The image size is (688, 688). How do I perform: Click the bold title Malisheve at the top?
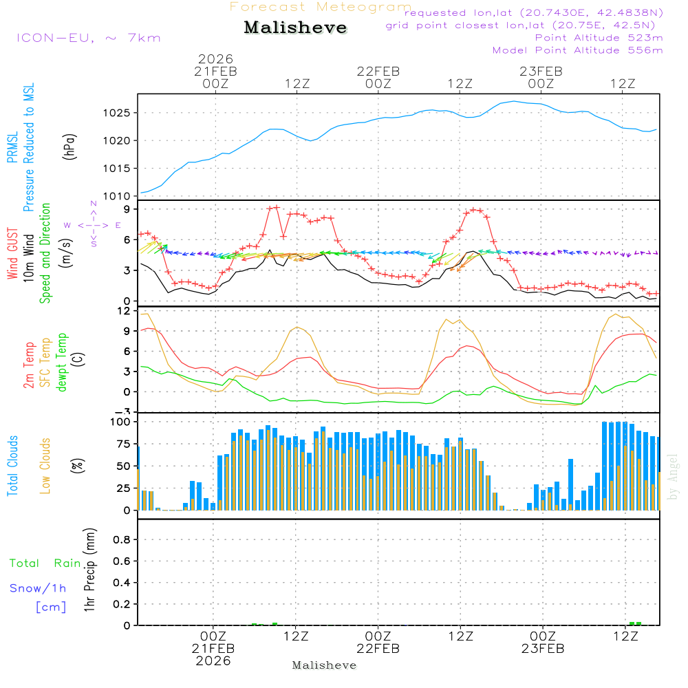tap(296, 28)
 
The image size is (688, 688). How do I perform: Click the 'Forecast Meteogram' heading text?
tap(321, 7)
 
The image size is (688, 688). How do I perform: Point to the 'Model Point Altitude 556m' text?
tap(578, 50)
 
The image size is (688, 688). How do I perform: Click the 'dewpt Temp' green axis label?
tap(62, 363)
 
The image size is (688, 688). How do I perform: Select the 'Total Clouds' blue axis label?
tap(12, 466)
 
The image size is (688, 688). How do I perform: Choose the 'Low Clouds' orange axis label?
tap(45, 466)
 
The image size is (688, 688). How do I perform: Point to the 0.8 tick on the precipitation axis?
tap(122, 540)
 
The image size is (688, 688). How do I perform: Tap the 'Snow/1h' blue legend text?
tap(39, 588)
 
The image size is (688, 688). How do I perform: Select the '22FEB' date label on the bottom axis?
tap(378, 649)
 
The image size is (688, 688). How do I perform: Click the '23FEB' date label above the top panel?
tap(541, 71)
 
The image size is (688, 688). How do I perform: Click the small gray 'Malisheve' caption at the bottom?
tap(324, 665)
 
